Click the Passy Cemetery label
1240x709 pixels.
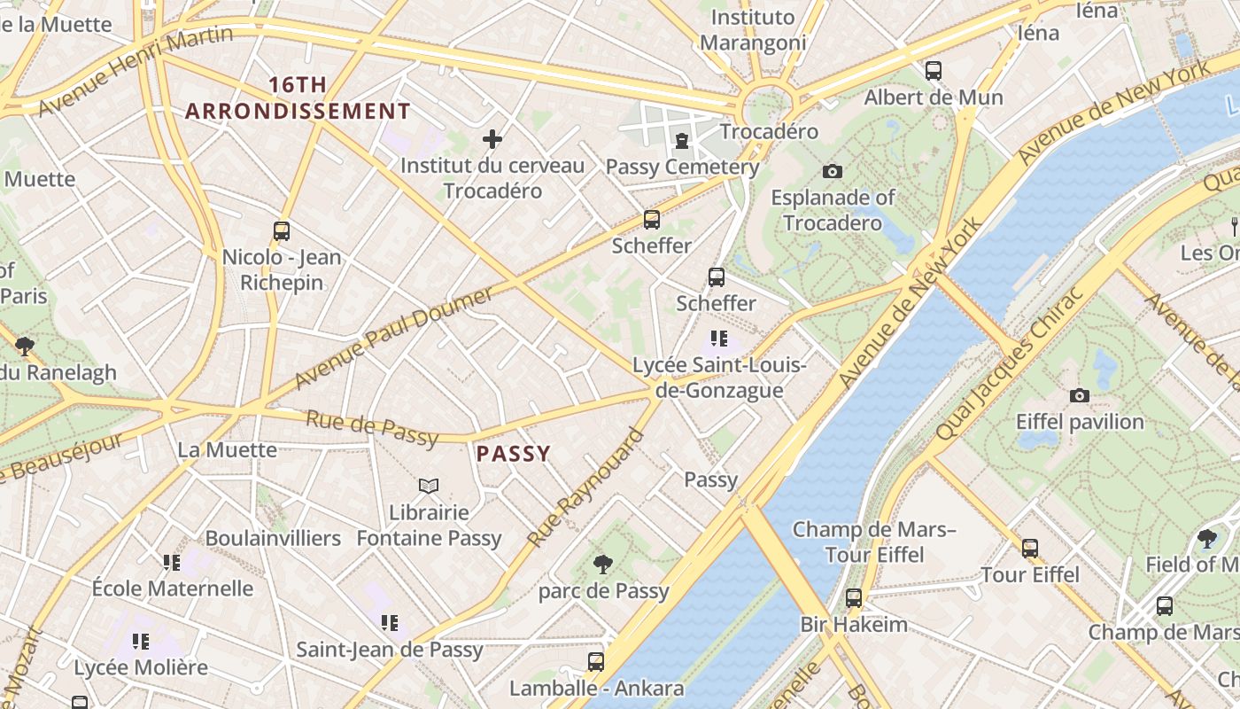(682, 167)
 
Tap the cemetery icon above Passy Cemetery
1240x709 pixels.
(682, 140)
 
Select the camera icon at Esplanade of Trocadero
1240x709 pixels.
(832, 171)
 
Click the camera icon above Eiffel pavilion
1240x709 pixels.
(1079, 395)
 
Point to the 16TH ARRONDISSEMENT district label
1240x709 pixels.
(298, 98)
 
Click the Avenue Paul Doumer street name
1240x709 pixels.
(393, 338)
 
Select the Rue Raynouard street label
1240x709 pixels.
(585, 488)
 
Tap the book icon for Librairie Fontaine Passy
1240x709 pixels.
(429, 486)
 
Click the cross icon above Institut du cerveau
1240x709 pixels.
(492, 139)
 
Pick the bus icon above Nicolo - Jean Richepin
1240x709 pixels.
(282, 231)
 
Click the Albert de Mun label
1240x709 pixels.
(934, 97)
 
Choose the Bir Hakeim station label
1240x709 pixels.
(854, 624)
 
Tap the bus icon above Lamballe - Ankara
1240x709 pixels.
(596, 662)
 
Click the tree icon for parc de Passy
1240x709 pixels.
(603, 564)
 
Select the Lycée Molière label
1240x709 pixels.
(141, 667)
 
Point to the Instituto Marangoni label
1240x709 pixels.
(753, 30)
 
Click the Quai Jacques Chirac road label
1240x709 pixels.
(1011, 363)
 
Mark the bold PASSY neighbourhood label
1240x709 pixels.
(514, 454)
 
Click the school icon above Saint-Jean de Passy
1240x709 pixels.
(389, 623)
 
